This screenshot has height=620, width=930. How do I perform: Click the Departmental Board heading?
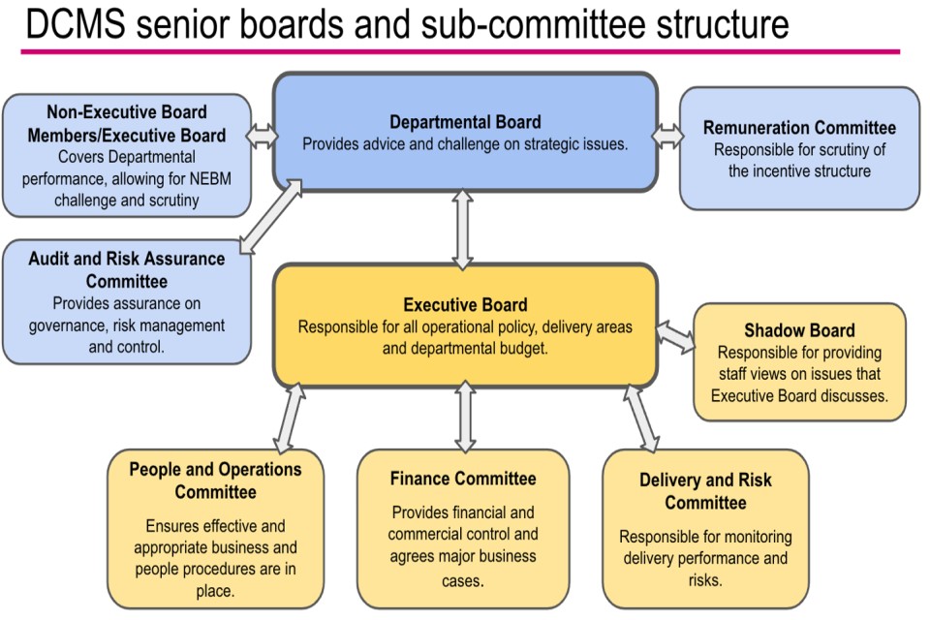(x=465, y=122)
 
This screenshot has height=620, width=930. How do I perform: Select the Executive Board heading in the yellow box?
(x=465, y=305)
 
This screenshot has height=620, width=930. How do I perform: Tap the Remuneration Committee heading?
(x=799, y=128)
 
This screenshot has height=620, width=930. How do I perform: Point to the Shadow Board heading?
(x=799, y=330)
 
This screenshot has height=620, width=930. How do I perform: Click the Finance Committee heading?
(x=463, y=479)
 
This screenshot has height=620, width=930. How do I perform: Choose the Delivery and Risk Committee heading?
(x=705, y=491)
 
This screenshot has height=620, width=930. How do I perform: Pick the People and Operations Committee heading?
(x=215, y=480)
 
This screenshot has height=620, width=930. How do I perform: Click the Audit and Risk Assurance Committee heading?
(x=126, y=270)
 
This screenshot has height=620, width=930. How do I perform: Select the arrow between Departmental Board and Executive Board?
(x=463, y=229)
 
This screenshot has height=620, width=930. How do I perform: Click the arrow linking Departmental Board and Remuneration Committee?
(x=667, y=136)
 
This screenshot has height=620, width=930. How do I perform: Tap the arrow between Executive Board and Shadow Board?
(x=675, y=337)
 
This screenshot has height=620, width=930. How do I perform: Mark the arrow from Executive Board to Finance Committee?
(x=465, y=417)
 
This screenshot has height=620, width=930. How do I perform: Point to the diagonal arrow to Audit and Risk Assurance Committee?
(x=271, y=216)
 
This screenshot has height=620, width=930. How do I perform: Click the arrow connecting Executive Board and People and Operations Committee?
(x=289, y=418)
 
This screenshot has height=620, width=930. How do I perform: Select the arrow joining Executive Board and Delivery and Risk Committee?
(x=641, y=418)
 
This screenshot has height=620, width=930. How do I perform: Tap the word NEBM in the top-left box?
(x=210, y=178)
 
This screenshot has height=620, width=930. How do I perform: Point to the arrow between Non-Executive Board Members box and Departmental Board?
(x=262, y=136)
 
